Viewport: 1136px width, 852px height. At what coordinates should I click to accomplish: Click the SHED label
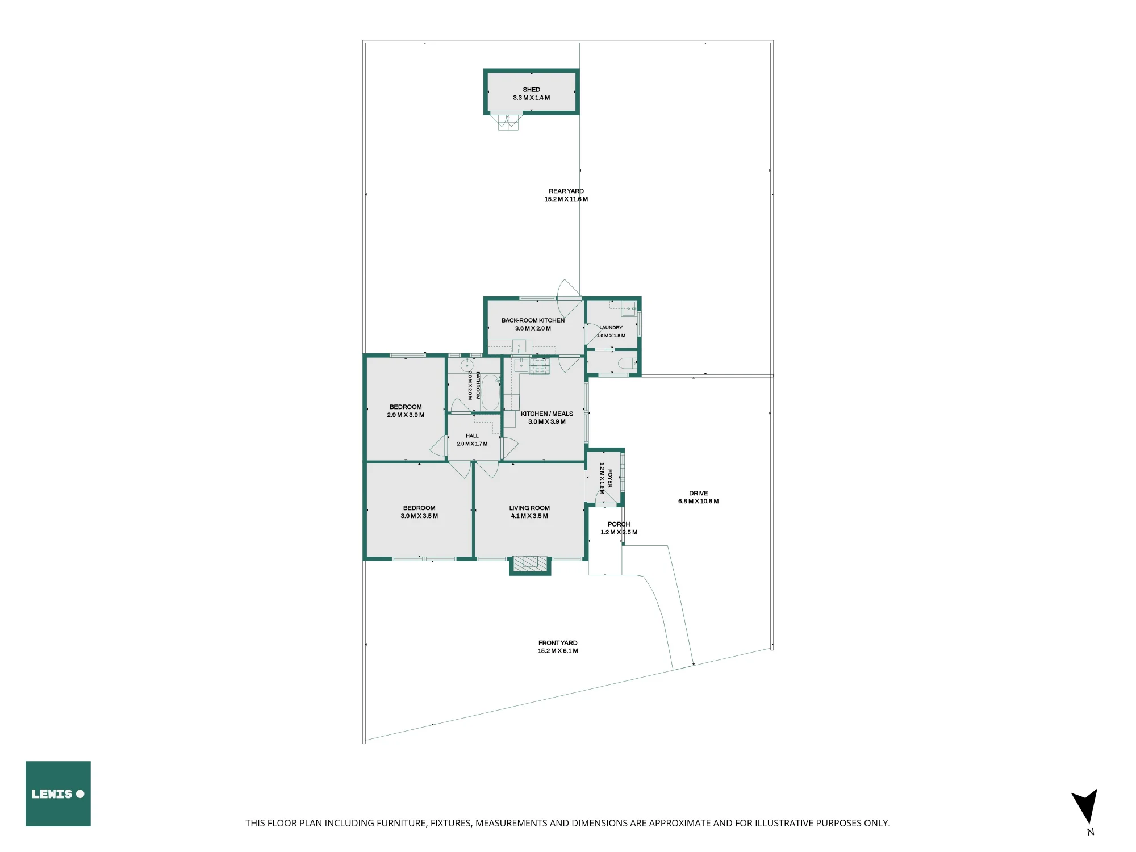532,90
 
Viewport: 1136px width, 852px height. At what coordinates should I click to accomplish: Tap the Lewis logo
58,793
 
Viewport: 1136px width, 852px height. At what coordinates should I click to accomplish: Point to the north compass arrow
1085,807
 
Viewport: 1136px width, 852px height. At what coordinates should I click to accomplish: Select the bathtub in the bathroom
490,392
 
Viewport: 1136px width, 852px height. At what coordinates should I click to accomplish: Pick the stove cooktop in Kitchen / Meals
540,366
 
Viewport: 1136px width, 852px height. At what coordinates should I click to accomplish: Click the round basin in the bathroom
467,365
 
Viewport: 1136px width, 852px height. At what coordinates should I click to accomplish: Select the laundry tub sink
628,310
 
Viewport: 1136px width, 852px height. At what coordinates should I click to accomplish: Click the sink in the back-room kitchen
519,345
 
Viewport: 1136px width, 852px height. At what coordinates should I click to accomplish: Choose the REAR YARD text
566,191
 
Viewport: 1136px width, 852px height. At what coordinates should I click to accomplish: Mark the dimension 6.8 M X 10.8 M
699,502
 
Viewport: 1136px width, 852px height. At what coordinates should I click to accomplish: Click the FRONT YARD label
558,643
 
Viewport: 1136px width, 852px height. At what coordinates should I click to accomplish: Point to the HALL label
472,436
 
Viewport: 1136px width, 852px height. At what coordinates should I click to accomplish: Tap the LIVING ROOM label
529,508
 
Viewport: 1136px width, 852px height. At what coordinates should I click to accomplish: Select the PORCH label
619,524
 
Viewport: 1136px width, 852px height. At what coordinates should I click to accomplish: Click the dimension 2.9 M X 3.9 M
406,415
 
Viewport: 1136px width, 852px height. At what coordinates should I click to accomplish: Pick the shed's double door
508,122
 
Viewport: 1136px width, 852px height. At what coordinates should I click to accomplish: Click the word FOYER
610,478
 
